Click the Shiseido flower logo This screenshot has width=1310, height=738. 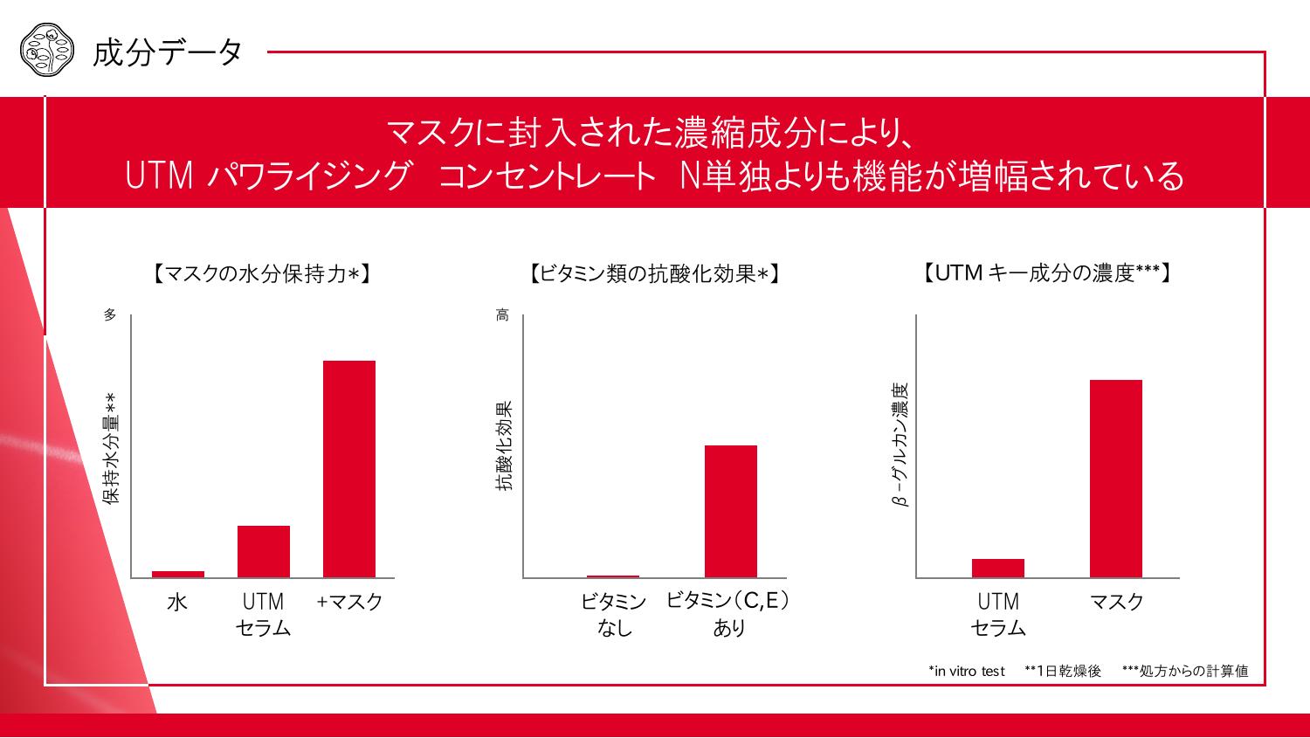click(43, 52)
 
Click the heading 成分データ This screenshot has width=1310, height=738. click(168, 52)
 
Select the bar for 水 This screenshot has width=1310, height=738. click(178, 574)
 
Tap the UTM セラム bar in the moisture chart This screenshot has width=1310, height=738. click(264, 551)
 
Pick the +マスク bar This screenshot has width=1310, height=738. click(349, 469)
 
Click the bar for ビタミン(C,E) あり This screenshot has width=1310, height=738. click(731, 511)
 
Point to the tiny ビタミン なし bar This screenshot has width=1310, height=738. click(613, 576)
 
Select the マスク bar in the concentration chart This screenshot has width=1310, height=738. click(1116, 479)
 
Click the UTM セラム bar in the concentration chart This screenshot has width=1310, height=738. click(998, 568)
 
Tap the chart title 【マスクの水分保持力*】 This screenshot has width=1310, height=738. click(263, 274)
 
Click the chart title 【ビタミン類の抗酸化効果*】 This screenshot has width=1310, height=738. click(654, 274)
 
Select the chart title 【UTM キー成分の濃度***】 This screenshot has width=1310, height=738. click(1047, 273)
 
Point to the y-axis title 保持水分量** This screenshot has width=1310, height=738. click(111, 449)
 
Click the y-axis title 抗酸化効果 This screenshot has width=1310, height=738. click(504, 446)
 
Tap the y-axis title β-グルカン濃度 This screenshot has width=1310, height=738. click(900, 445)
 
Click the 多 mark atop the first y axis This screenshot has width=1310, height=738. click(110, 314)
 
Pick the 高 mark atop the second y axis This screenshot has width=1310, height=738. click(503, 314)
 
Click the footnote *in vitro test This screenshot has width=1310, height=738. click(967, 671)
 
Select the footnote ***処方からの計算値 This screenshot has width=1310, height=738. click(1185, 671)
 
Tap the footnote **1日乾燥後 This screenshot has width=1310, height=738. click(1063, 671)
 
